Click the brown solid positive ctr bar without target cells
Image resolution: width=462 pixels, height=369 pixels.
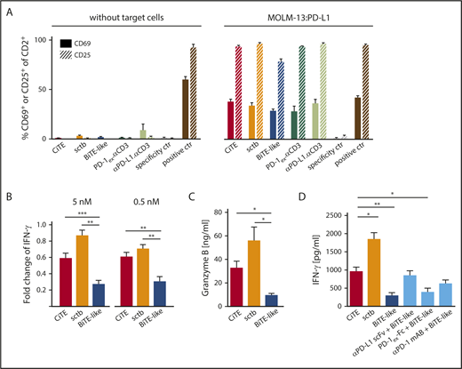(x=210, y=108)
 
